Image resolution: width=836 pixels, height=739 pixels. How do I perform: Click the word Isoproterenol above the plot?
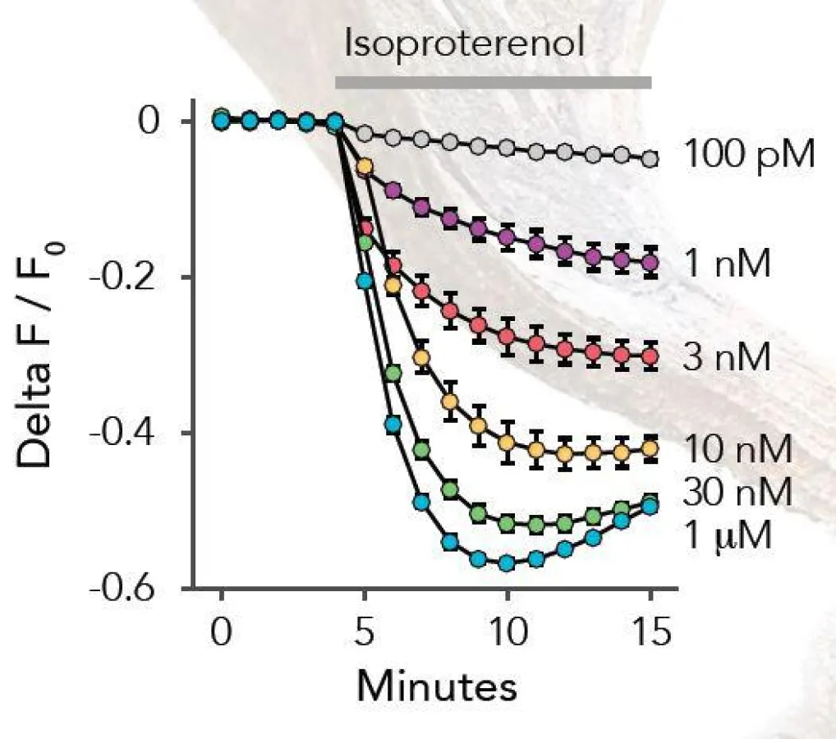(x=465, y=44)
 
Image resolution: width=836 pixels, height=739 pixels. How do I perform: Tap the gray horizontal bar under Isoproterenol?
(x=493, y=82)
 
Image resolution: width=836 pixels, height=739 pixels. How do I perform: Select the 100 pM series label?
(x=748, y=154)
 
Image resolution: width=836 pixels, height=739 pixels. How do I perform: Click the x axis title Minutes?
(x=436, y=686)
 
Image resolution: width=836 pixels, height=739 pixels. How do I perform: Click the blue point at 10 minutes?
(x=507, y=563)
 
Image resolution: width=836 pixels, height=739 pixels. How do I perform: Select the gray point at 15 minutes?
(x=650, y=159)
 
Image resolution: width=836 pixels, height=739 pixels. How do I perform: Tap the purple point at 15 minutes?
(x=650, y=263)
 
